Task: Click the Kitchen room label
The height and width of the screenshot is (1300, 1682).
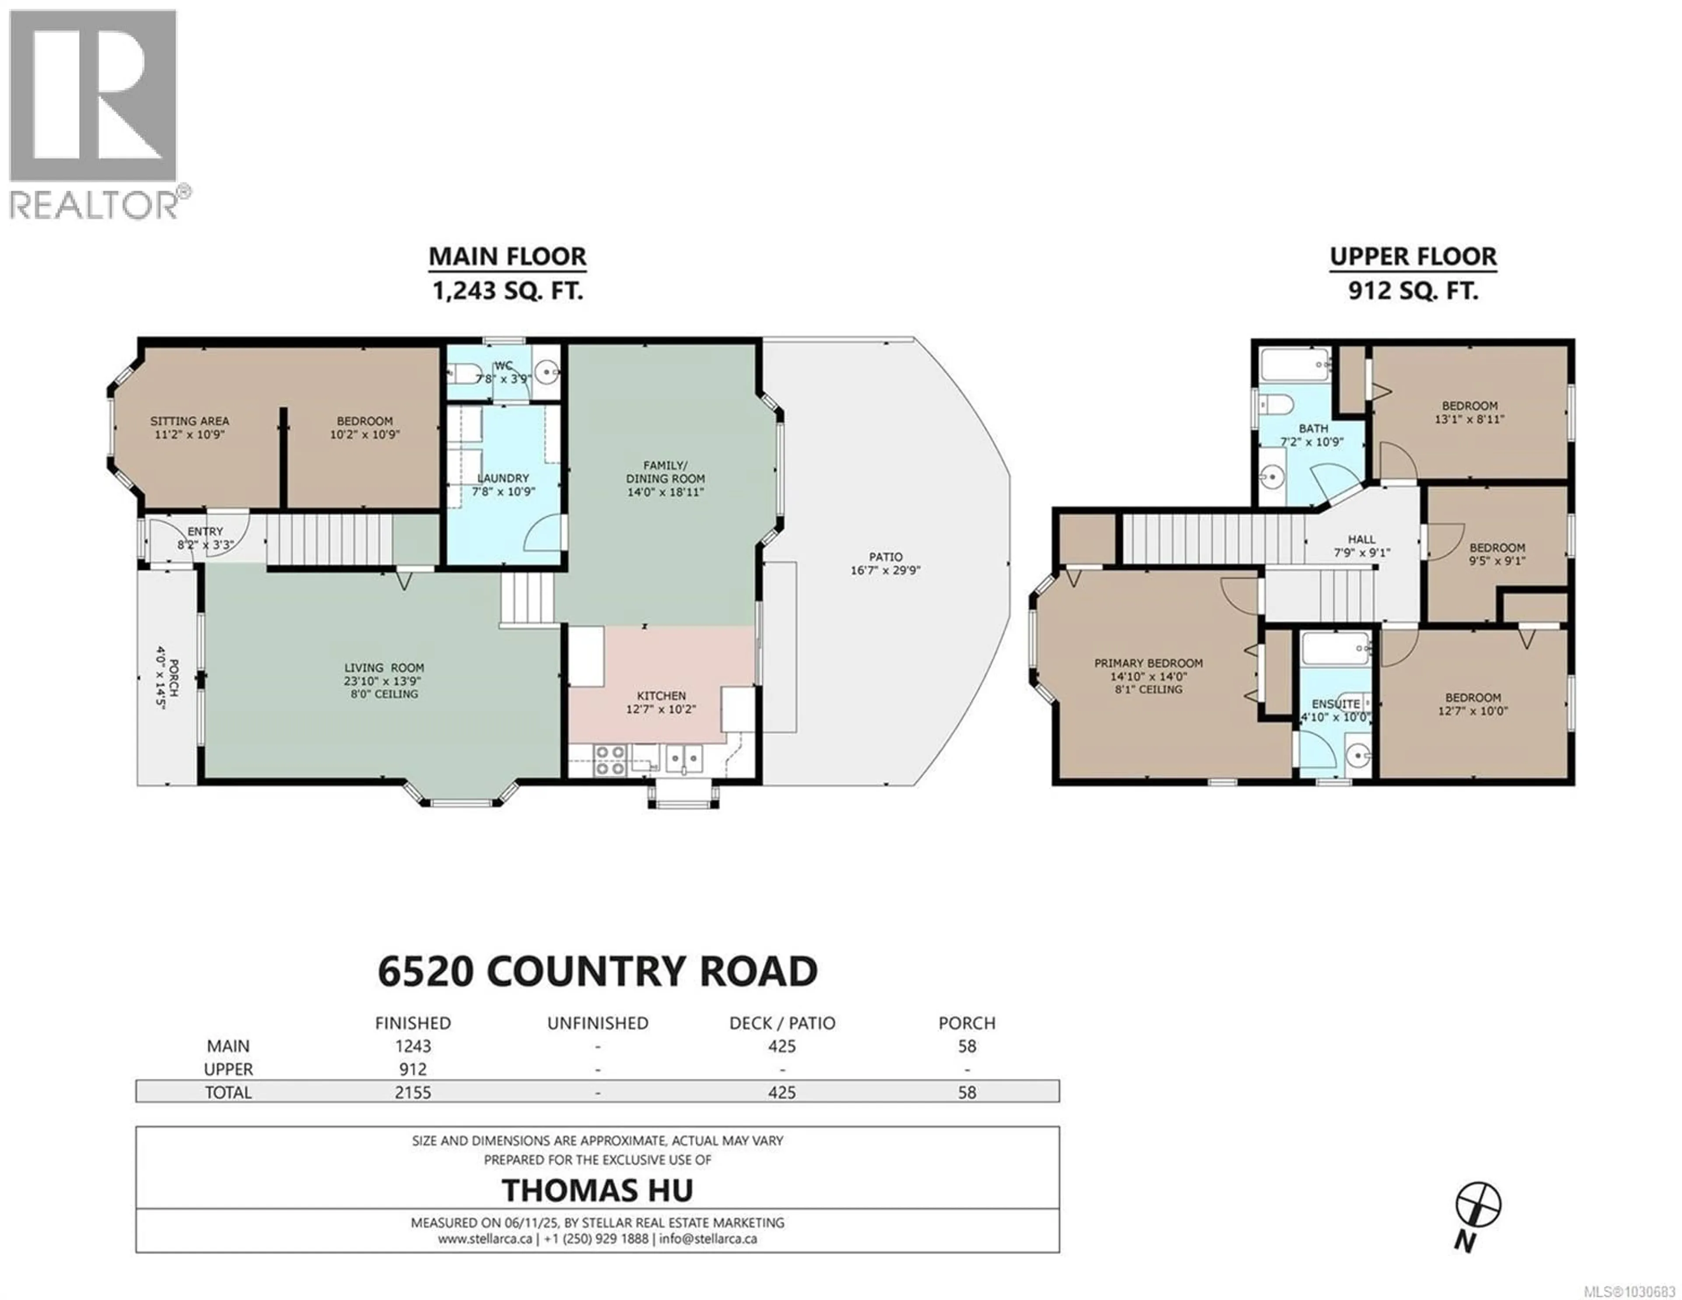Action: point(661,695)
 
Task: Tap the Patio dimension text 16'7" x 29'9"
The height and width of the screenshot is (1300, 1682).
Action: point(885,571)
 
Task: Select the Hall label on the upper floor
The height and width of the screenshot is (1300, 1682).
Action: point(1362,539)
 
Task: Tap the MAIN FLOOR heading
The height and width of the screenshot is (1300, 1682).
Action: point(507,256)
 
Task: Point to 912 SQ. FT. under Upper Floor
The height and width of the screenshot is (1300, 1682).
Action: point(1413,291)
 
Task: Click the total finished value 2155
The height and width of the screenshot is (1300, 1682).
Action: point(413,1092)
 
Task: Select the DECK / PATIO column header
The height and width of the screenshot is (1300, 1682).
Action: point(782,1023)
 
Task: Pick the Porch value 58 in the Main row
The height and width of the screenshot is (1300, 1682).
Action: point(967,1046)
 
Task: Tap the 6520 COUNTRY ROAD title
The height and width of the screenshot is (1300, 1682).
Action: point(597,971)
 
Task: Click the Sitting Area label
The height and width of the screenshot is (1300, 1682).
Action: point(190,421)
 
